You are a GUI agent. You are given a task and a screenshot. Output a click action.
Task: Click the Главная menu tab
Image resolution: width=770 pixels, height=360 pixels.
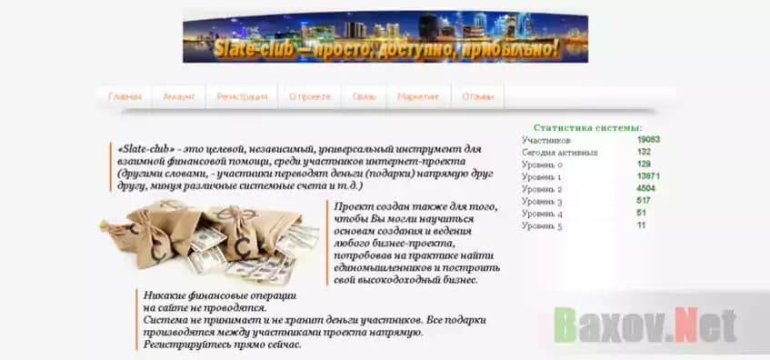tap(125, 96)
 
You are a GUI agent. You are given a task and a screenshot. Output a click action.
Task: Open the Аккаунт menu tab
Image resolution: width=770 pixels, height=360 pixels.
tap(178, 96)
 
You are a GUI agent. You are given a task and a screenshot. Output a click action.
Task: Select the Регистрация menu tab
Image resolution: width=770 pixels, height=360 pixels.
tap(242, 96)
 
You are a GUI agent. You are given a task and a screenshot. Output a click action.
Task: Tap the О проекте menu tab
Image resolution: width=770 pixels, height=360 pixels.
tap(309, 96)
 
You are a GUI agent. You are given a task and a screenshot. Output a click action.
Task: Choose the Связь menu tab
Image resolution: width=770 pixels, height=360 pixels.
tap(364, 96)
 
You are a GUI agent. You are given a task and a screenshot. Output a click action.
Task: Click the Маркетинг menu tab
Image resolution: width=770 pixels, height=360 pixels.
tap(418, 96)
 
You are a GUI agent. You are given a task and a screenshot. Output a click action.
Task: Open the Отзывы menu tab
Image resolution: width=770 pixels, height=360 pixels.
tap(477, 96)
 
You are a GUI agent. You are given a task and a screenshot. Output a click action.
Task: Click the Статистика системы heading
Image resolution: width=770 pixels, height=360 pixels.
tap(588, 128)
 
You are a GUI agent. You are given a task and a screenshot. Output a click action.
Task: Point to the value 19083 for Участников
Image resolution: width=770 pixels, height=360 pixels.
tap(648, 140)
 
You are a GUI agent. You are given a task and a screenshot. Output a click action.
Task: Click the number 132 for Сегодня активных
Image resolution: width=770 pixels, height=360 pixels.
tap(644, 152)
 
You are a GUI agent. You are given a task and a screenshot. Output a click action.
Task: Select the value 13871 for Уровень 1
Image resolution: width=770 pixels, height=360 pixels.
tap(648, 176)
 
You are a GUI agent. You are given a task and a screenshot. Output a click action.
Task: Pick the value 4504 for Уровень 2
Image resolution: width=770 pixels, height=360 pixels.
tap(645, 188)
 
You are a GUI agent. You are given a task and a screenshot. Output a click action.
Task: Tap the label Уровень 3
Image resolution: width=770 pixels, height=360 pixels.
tap(543, 201)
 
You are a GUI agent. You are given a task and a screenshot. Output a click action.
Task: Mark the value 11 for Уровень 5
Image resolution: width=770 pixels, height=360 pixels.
tap(641, 225)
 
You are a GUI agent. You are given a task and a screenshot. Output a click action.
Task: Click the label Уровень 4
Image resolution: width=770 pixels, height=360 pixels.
tap(543, 213)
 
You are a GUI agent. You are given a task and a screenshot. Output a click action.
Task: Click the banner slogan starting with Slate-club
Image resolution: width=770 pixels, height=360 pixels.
tap(385, 48)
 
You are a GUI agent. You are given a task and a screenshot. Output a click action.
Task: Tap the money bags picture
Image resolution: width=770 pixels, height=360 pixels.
tap(211, 239)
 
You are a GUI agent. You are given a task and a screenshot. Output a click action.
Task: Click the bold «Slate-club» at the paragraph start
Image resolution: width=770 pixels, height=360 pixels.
tap(145, 148)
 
